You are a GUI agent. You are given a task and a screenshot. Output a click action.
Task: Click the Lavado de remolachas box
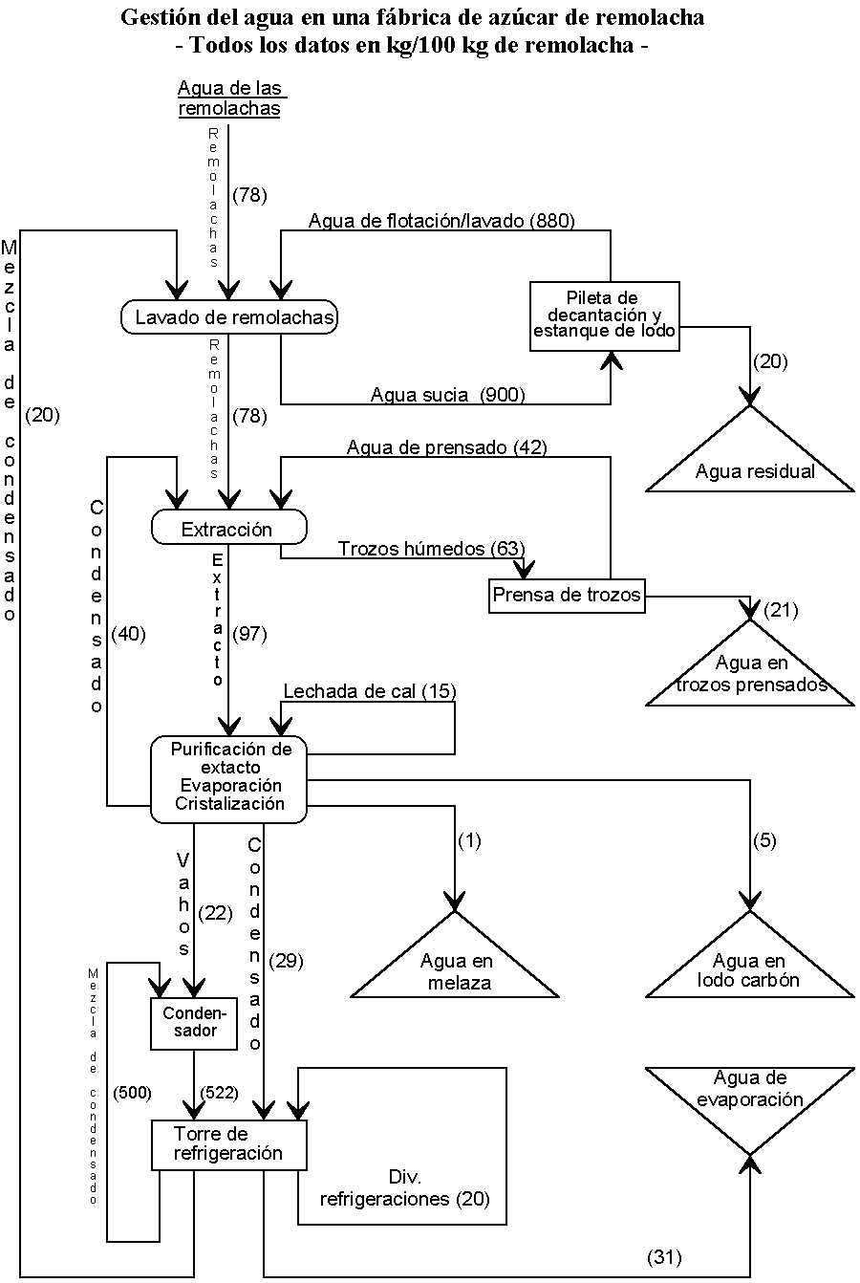(x=229, y=317)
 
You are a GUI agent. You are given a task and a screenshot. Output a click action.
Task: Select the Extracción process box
(x=228, y=528)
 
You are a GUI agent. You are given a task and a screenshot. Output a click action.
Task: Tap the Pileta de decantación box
(x=604, y=315)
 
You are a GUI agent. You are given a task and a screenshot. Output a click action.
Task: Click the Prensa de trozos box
(x=566, y=596)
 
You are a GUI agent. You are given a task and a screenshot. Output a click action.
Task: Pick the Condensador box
(x=193, y=1022)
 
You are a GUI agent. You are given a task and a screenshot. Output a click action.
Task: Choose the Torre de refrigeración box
(x=229, y=1143)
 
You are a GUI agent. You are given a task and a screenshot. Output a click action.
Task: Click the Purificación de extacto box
(x=229, y=777)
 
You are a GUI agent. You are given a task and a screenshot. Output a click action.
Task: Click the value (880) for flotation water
(x=554, y=222)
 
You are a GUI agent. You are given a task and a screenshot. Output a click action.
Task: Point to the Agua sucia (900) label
(x=448, y=394)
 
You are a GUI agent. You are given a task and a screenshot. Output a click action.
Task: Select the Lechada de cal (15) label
(x=370, y=691)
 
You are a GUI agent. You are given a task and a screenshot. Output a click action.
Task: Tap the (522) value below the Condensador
(x=218, y=1091)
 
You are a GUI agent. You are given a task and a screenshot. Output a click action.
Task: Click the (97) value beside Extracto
(x=249, y=634)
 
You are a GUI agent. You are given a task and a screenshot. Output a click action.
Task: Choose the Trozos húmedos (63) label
(x=431, y=549)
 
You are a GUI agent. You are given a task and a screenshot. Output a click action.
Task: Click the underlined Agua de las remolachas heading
(x=230, y=98)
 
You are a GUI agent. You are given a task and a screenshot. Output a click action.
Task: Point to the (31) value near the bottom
(x=664, y=1256)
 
